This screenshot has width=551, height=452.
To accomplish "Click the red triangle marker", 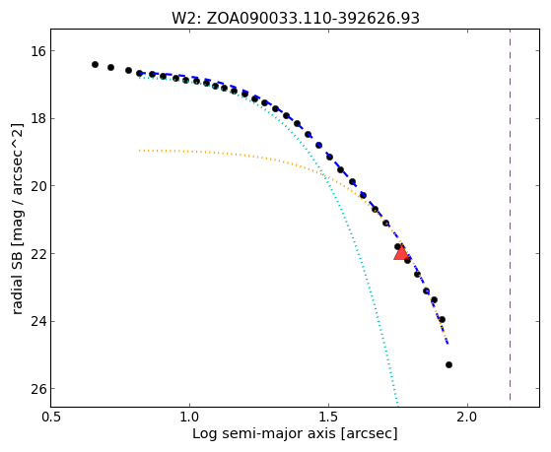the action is (x=401, y=252).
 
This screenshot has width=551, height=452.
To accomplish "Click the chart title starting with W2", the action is (x=295, y=18).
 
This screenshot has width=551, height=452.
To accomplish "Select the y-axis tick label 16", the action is (x=38, y=51).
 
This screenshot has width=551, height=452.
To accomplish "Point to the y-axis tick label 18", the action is (x=38, y=119).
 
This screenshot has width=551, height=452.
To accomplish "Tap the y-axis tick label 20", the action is (x=38, y=186).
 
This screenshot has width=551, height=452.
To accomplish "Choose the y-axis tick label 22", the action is (x=38, y=253).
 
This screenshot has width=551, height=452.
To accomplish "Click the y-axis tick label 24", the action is (x=38, y=321).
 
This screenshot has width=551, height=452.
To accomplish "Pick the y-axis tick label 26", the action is (x=38, y=389).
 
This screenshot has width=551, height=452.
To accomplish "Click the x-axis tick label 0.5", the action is (x=51, y=418).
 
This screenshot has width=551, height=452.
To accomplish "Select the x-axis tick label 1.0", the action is (x=190, y=418).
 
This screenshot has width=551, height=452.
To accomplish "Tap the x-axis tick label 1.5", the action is (x=328, y=418).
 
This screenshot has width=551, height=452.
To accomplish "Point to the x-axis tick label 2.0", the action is (x=468, y=418).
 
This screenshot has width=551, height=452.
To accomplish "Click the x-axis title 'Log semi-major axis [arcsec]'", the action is (x=295, y=434).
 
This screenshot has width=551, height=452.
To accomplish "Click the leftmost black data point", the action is (x=95, y=65).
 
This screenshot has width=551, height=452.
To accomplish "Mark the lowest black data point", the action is (x=448, y=365).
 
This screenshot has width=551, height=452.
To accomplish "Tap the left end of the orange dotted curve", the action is (x=140, y=151).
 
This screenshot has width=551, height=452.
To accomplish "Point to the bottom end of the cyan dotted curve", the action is (x=397, y=404).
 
